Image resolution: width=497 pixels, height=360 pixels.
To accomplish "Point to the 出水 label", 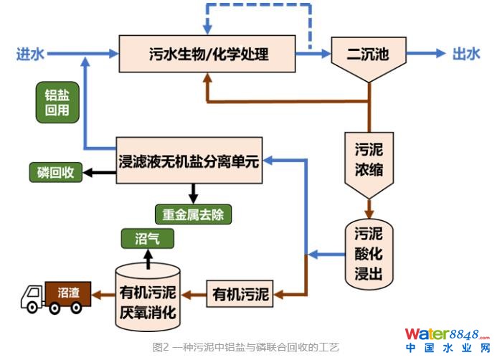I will click(x=465, y=54).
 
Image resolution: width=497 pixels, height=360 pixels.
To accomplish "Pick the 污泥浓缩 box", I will click(x=369, y=162).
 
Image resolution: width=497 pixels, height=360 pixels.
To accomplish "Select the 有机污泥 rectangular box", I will click(x=240, y=293).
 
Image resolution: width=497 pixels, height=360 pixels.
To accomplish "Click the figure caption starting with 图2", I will click(x=245, y=347).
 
